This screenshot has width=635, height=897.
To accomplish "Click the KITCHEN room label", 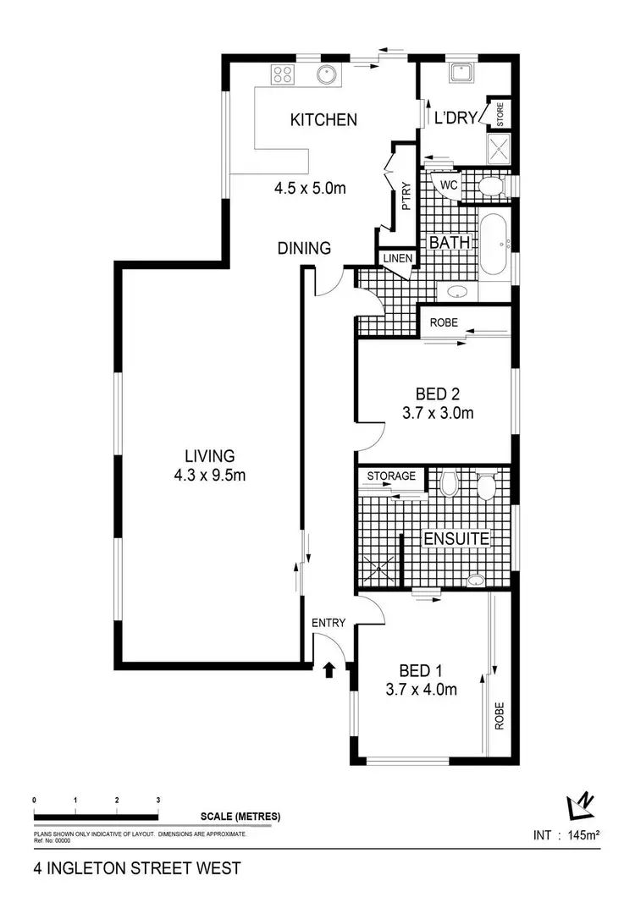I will click(x=323, y=120).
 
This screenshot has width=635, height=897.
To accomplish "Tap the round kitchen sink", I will click(x=327, y=74).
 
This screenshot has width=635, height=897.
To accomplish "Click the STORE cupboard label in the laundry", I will click(x=500, y=114).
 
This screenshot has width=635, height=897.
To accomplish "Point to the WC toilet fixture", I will click(x=489, y=186).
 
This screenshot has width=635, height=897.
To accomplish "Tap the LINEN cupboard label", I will click(x=396, y=258).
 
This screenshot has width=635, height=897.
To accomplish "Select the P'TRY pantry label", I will click(x=406, y=195).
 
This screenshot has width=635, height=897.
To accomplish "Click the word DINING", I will click(x=304, y=248).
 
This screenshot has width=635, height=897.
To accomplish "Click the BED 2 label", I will click(x=438, y=393).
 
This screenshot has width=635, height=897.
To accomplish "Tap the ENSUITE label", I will click(x=456, y=539).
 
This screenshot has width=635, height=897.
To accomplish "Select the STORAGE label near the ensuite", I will click(x=391, y=476).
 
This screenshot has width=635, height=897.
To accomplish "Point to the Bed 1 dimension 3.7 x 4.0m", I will click(x=421, y=690).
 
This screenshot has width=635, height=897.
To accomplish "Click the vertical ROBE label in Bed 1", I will click(x=500, y=716).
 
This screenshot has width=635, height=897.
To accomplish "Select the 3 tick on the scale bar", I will click(x=158, y=800).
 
